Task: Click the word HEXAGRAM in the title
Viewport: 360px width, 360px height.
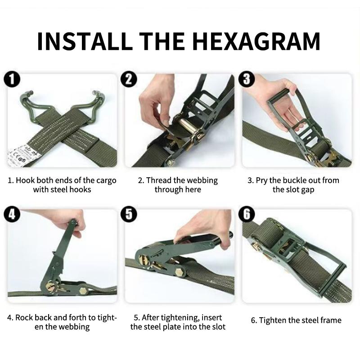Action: (x=256, y=41)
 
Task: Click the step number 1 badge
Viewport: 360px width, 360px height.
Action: (x=12, y=80)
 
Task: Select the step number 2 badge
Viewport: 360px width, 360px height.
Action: (x=129, y=80)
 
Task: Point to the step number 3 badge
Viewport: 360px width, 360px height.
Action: (x=247, y=80)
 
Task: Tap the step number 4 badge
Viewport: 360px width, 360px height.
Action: (x=12, y=215)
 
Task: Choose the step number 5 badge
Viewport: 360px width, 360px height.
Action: (x=129, y=215)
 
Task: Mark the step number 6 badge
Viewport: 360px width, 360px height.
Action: (x=247, y=215)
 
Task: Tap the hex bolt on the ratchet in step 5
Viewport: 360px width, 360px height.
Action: (x=180, y=272)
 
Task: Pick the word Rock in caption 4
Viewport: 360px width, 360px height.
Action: (x=24, y=318)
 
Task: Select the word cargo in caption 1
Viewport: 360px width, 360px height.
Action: (x=106, y=181)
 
